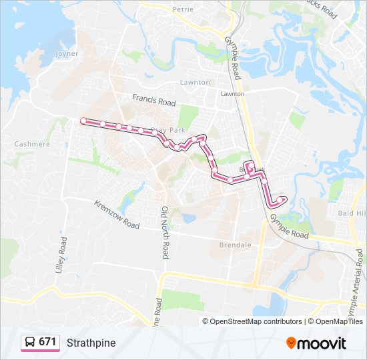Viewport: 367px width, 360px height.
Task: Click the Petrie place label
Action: [182, 9]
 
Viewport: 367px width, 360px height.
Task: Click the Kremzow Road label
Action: [117, 215]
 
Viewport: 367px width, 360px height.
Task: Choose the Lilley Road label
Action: [63, 253]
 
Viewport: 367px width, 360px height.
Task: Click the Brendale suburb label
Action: [235, 245]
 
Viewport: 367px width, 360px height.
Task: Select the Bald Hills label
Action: [352, 213]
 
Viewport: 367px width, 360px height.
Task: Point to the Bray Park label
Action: [168, 130]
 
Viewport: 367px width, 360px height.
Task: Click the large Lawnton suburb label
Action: [195, 83]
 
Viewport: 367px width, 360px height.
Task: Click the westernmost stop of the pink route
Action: [83, 121]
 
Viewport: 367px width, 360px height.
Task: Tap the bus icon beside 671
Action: [30, 342]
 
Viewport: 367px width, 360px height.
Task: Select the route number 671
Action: [47, 342]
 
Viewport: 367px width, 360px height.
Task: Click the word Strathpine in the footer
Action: [91, 343]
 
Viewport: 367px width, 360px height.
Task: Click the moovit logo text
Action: [323, 343]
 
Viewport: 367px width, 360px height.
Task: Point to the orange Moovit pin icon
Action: [292, 343]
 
